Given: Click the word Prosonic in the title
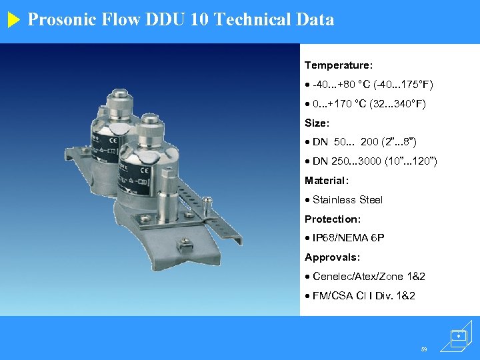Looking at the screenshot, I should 59,20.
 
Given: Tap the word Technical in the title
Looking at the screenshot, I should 257,20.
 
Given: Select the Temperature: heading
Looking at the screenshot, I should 339,65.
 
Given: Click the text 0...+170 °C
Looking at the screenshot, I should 343,104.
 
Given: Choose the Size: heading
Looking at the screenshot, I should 317,123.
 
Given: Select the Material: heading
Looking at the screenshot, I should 327,181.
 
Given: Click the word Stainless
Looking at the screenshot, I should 334,200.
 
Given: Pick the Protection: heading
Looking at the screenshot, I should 333,219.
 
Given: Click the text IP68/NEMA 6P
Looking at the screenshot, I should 348,238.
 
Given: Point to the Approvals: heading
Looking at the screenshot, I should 332,257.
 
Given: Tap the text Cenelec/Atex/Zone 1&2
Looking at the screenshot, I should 369,277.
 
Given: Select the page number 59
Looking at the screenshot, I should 423,349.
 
